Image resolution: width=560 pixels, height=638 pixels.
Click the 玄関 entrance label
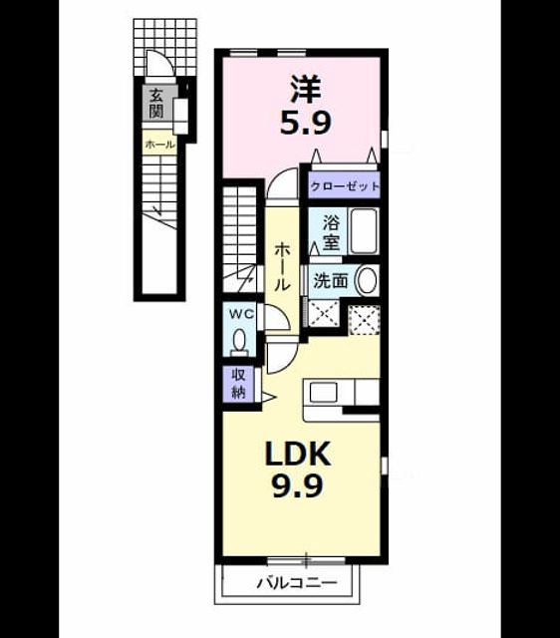(155, 104)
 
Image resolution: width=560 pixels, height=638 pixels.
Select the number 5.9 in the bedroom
(306, 123)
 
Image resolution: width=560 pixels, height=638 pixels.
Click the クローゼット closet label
(345, 186)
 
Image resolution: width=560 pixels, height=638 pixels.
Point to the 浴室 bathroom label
(332, 233)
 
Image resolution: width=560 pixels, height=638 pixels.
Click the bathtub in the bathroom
(364, 231)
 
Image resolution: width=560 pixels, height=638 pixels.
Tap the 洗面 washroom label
(331, 280)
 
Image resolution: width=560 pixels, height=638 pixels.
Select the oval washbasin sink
(366, 280)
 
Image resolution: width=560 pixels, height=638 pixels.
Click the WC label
(241, 314)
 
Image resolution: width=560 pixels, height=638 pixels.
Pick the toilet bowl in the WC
(239, 341)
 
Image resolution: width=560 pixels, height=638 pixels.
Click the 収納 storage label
(239, 383)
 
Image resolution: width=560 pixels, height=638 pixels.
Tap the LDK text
(297, 454)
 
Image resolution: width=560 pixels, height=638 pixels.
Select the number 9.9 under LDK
(297, 485)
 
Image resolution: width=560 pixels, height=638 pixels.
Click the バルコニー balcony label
(297, 583)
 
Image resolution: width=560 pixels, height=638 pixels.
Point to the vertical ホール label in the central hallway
(281, 266)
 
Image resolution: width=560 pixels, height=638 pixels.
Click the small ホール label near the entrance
(159, 145)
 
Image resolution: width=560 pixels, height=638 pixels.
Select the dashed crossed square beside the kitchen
(365, 319)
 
